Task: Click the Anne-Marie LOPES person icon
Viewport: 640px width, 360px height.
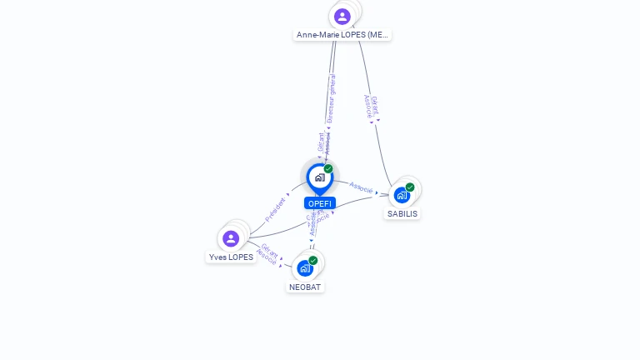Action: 342,16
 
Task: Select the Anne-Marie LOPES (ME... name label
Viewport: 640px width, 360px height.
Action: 342,35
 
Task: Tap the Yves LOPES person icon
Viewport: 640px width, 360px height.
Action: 231,238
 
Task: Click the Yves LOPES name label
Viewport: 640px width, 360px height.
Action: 231,257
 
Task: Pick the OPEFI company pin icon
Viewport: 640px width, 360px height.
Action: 319,177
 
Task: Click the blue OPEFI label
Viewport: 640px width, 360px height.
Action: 320,203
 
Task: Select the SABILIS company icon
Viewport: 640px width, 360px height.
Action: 402,195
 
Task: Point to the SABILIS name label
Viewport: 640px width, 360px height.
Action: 402,214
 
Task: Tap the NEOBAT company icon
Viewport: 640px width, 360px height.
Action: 305,268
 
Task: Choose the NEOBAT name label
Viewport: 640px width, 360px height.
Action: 305,287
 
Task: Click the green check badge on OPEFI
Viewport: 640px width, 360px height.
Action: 328,169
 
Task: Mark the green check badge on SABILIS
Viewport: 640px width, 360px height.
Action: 410,187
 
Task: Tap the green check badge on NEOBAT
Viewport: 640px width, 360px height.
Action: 313,261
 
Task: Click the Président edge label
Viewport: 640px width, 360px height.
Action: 274,208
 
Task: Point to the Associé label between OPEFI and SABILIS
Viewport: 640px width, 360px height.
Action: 360,187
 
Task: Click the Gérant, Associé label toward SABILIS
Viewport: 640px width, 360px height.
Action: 372,107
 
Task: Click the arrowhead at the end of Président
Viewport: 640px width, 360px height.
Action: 288,194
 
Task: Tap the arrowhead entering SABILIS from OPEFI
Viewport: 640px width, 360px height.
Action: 377,192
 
